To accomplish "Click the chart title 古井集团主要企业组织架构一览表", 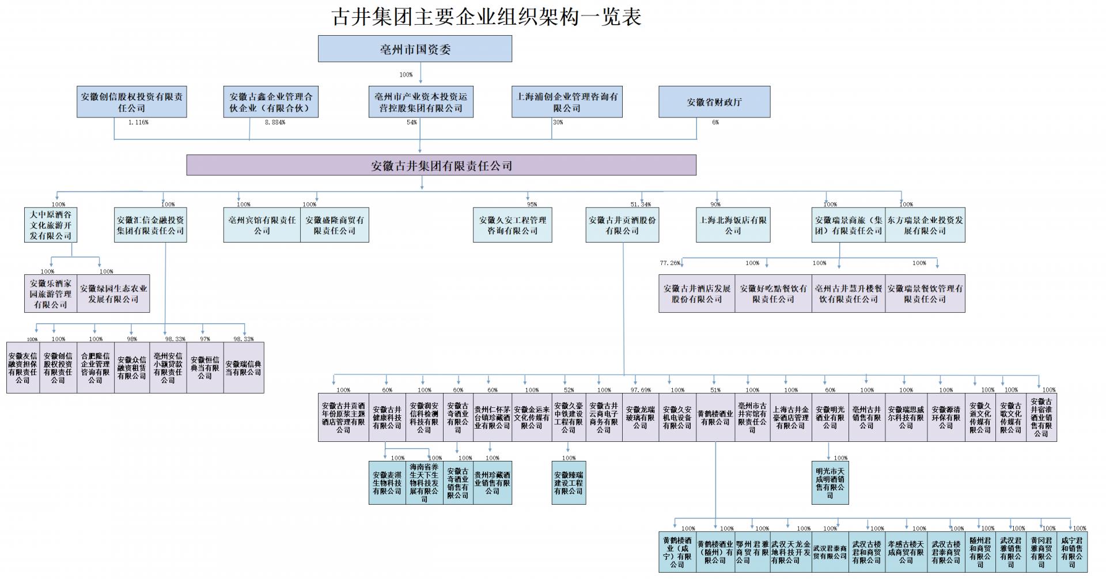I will [x=487, y=16].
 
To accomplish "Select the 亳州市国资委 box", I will [x=415, y=49].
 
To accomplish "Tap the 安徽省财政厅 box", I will [x=714, y=102].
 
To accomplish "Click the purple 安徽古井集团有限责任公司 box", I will [x=441, y=166].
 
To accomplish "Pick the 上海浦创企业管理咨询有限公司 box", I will [x=567, y=102].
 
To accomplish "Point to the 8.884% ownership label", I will [x=275, y=122].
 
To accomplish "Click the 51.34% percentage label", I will [x=641, y=205].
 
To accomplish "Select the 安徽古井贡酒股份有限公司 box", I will [x=622, y=225].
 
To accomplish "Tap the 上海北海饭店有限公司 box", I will [x=733, y=225].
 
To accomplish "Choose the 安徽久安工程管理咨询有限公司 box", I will [x=512, y=225].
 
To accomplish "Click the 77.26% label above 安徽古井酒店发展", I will [x=670, y=263].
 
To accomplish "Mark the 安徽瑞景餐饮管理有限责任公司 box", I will [x=925, y=294].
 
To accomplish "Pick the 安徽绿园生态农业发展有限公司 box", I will [x=113, y=294].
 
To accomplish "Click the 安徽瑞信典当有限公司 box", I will [x=243, y=368].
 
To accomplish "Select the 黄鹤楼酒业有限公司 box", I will [x=715, y=418].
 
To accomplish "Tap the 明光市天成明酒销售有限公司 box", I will [x=829, y=483].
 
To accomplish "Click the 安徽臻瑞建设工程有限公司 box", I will [x=569, y=483].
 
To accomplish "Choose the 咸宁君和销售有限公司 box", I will [x=1071, y=552].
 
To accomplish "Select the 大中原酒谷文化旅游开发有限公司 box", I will [x=51, y=225].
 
